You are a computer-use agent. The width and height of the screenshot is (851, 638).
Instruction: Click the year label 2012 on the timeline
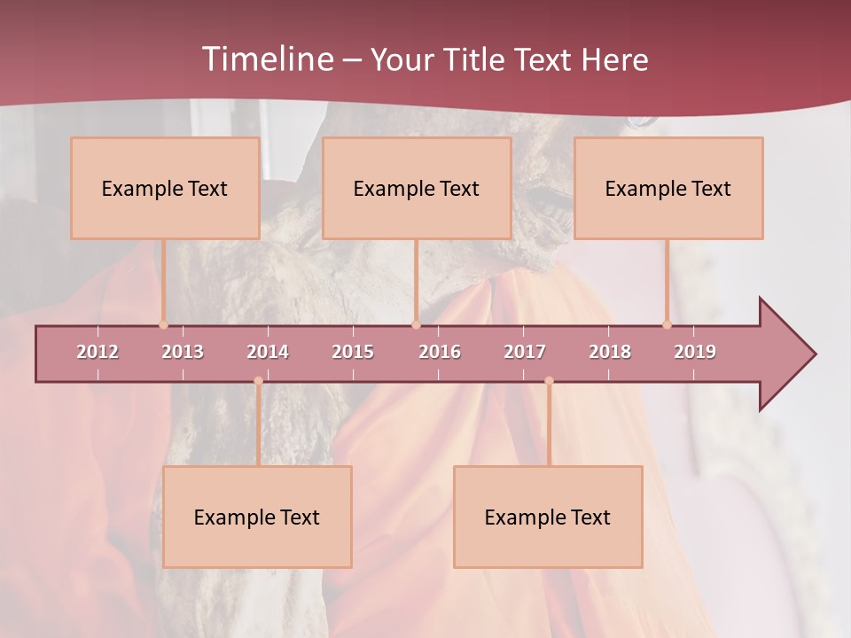point(98,352)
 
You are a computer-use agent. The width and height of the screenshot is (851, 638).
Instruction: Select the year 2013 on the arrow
point(183,352)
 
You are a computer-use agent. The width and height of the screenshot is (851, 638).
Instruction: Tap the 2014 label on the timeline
point(268,352)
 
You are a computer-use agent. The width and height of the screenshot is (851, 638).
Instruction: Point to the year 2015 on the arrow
point(353,352)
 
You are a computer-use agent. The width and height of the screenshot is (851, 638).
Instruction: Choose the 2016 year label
point(440,352)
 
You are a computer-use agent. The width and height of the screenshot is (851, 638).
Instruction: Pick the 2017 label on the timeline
point(525,352)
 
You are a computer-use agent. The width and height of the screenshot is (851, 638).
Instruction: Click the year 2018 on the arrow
point(610,352)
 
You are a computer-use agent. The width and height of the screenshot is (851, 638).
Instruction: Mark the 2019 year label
point(695,352)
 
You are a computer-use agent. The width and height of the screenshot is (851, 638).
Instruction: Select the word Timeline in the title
point(267,59)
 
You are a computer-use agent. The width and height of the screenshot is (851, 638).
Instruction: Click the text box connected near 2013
point(165,188)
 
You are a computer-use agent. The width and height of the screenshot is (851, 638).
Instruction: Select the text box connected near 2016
point(417,188)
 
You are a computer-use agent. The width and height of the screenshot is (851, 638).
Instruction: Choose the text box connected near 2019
point(668,188)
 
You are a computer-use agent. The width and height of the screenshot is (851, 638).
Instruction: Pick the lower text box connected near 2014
point(257,517)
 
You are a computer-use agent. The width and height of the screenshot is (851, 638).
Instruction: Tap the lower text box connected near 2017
point(548,517)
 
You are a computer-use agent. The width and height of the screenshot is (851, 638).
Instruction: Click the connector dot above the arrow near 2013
point(163,324)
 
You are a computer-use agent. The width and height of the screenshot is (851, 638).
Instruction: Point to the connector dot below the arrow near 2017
point(549,381)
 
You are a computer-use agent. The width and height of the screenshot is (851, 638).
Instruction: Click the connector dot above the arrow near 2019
point(667,324)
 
